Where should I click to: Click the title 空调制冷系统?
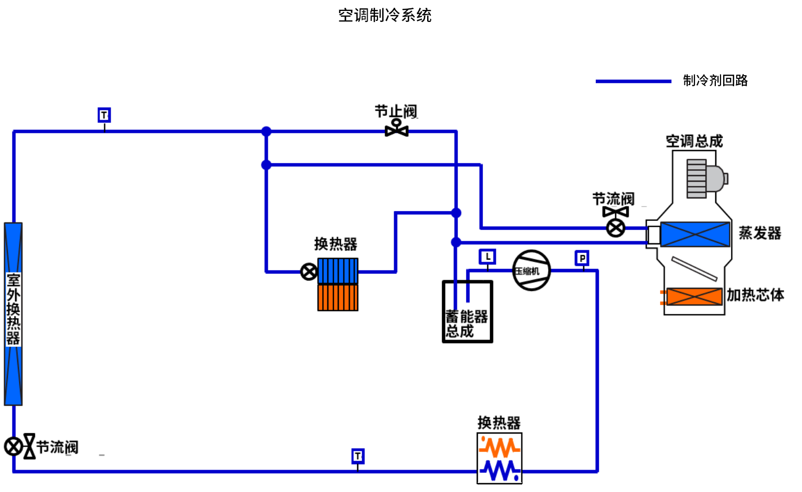[x=385, y=15]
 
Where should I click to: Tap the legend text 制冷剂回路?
[x=715, y=80]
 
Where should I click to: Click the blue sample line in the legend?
[x=633, y=81]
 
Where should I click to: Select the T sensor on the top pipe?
[x=104, y=115]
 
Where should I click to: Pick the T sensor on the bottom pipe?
[x=358, y=456]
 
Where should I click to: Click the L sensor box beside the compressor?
[x=487, y=256]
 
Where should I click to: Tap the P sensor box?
[x=582, y=258]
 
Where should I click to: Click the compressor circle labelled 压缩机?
[x=531, y=271]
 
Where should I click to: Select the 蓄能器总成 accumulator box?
[x=467, y=312]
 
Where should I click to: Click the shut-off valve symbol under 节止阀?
[x=396, y=128]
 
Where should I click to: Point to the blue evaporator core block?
[x=694, y=234]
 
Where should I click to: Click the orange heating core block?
[x=694, y=297]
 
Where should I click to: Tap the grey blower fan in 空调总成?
[x=705, y=179]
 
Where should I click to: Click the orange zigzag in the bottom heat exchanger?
[x=499, y=447]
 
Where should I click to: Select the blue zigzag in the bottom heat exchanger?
[x=499, y=470]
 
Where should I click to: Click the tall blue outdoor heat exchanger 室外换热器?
[x=14, y=313]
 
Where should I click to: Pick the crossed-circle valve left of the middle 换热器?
[x=309, y=272]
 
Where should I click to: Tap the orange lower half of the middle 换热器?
[x=338, y=298]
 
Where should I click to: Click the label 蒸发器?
[x=760, y=233]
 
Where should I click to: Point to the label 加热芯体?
[x=755, y=295]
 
